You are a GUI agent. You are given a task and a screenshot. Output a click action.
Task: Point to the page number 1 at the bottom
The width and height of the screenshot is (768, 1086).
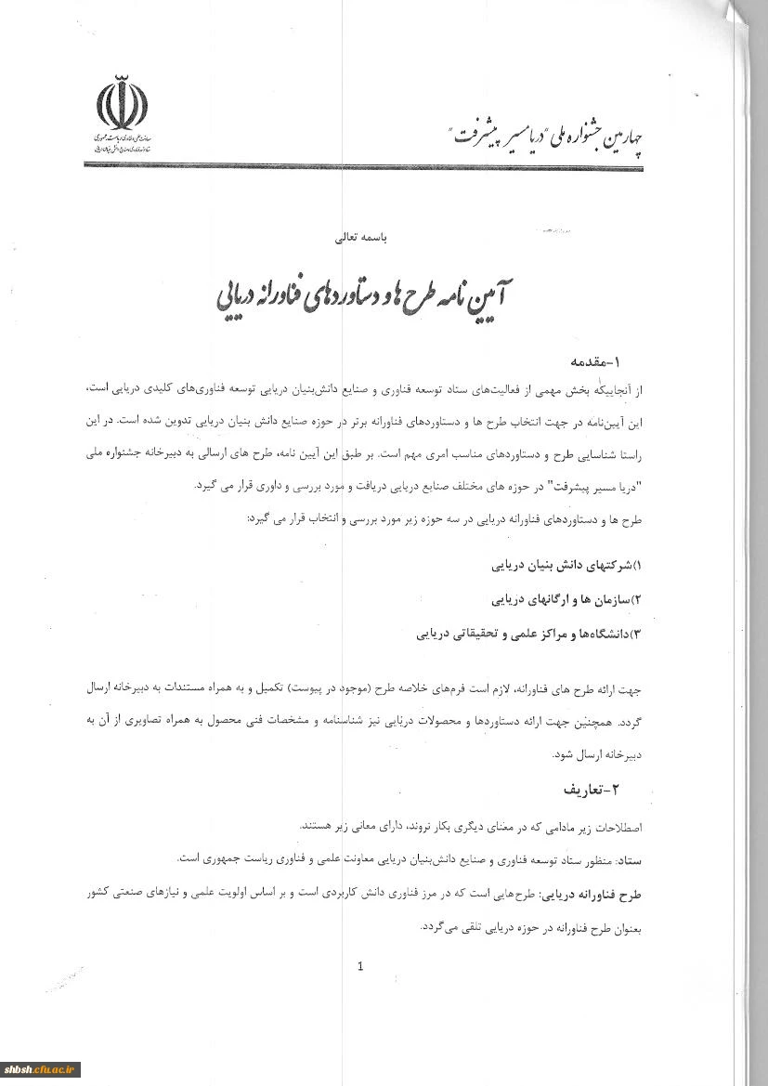(360, 966)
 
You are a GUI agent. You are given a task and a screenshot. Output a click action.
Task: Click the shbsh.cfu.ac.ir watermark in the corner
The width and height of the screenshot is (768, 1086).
(41, 1069)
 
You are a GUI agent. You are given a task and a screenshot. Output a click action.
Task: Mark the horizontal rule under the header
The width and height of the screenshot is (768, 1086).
(371, 165)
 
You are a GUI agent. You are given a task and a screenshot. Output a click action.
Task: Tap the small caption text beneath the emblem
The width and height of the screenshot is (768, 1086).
(124, 143)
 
